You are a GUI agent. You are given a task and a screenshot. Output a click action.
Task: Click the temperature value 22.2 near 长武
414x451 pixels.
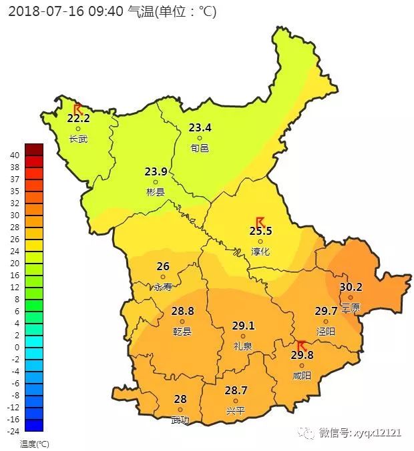[78, 118]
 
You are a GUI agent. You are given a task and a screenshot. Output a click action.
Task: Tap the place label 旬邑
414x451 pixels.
[199, 148]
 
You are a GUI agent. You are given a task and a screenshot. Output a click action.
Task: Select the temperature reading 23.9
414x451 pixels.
[156, 171]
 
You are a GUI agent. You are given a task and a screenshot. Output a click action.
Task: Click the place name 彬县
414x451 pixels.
[156, 192]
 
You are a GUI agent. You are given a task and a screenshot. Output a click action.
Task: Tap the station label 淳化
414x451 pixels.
[260, 252]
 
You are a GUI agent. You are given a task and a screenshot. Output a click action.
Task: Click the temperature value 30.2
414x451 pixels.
[351, 288]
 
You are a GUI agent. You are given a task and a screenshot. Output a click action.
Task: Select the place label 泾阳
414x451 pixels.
[326, 331]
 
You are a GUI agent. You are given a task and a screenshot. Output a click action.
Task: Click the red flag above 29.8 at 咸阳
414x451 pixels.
[301, 346]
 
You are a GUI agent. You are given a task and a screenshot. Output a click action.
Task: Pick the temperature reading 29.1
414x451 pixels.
[243, 326]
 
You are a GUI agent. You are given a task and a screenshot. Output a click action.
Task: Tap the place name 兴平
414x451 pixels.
[236, 410]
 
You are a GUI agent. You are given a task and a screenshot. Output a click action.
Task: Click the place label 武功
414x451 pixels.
[180, 420]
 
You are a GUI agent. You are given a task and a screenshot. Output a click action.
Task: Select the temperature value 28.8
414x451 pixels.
[182, 311]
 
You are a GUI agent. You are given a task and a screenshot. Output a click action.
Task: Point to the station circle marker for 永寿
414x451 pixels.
[162, 277]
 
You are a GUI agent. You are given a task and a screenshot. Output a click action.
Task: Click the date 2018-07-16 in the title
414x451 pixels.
[41, 11]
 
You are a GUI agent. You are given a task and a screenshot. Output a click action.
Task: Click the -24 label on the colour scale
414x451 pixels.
[11, 431]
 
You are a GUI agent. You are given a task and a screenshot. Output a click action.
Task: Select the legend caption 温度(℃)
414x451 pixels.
[34, 443]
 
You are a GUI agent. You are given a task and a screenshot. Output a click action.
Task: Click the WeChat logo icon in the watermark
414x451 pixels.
[308, 433]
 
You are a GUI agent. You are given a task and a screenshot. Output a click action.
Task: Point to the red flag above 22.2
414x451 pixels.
[77, 109]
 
